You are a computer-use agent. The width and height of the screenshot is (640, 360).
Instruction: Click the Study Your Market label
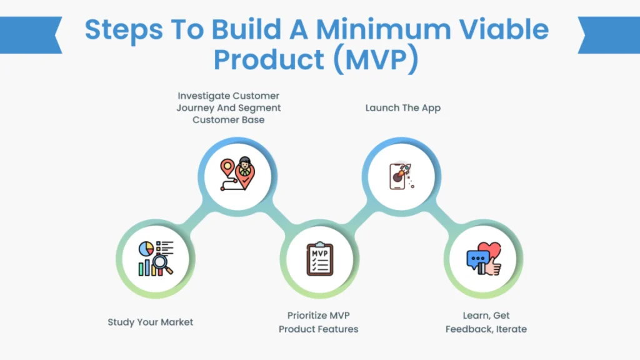click(x=150, y=322)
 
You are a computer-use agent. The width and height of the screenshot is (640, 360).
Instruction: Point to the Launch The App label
click(x=402, y=108)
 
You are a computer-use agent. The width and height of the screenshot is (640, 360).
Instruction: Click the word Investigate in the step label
click(x=203, y=96)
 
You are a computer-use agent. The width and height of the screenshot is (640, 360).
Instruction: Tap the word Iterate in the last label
click(x=511, y=329)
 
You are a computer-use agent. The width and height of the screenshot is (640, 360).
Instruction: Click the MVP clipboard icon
click(x=319, y=259)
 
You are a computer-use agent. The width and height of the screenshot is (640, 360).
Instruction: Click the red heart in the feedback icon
click(x=491, y=251)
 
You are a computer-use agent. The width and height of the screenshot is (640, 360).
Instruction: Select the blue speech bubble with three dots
click(x=477, y=259)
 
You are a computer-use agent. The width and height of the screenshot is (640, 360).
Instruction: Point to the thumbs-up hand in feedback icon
click(x=493, y=267)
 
